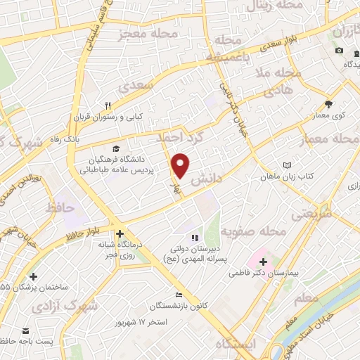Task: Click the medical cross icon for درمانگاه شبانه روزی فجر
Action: coord(120,233)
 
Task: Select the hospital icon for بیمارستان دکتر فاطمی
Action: coord(263,261)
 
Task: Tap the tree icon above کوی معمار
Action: coord(328,103)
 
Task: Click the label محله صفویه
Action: coord(254,231)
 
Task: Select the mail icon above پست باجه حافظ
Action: coord(27,330)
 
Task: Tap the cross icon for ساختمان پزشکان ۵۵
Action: coord(33,276)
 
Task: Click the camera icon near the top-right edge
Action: coord(340,50)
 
